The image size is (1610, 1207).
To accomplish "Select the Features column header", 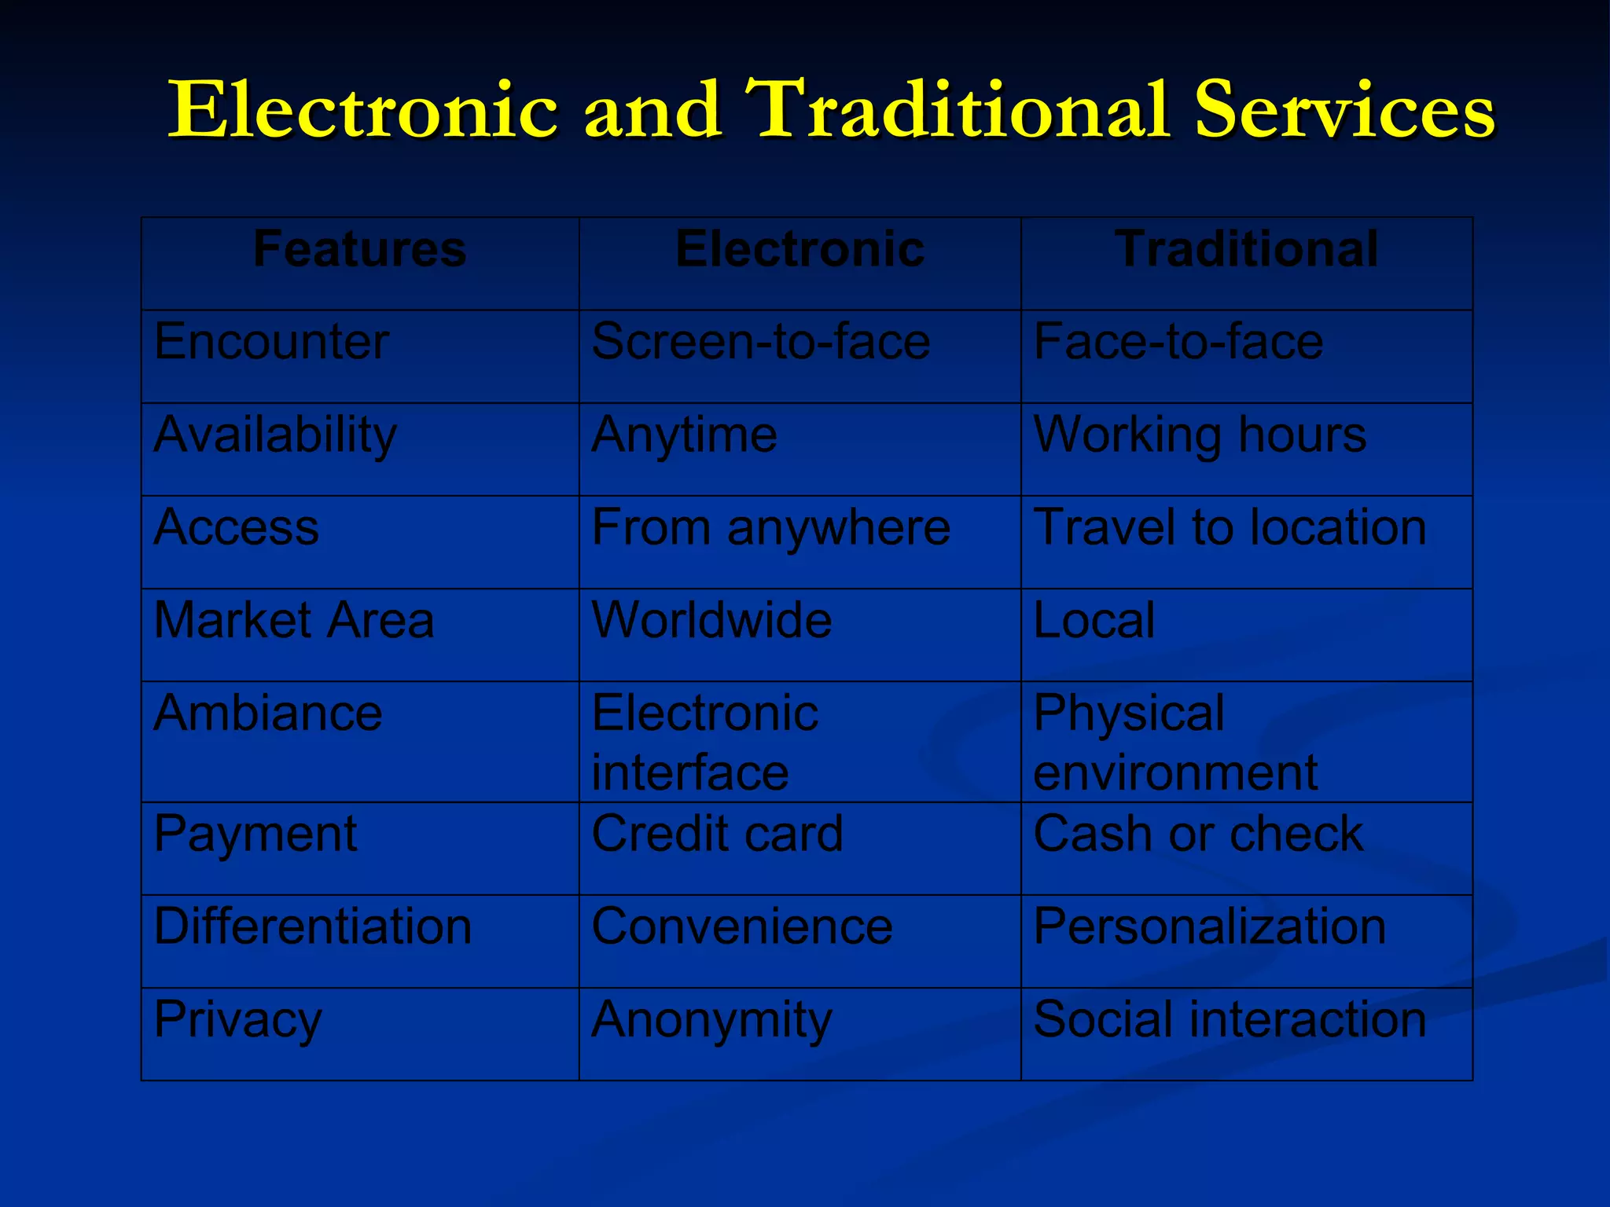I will pos(360,250).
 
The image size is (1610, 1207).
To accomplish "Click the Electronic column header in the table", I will pos(799,250).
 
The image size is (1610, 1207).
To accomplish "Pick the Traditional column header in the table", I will pos(1246,250).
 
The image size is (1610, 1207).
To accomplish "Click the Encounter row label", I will pos(271,342).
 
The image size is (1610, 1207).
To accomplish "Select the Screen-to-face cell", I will pos(760,342).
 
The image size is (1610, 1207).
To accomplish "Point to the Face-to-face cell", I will pos(1178,342).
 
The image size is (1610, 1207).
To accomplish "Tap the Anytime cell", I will pos(684,435).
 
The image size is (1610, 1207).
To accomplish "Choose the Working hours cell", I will pos(1200,435).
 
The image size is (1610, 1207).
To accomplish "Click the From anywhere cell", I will pos(770,527).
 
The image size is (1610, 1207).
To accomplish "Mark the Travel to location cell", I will pos(1230,527).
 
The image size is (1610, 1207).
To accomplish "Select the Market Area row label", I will pos(293,620).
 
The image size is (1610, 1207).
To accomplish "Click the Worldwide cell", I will pos(711,620).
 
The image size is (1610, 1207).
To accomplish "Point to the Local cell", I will pos(1094,620).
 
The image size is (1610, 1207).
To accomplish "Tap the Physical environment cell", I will pos(1175,743).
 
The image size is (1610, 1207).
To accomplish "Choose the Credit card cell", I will pos(717,834).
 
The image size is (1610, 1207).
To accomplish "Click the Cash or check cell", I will pos(1198,834).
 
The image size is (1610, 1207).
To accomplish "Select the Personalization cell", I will pos(1209,926).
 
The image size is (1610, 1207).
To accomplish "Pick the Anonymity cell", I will pos(711,1020).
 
